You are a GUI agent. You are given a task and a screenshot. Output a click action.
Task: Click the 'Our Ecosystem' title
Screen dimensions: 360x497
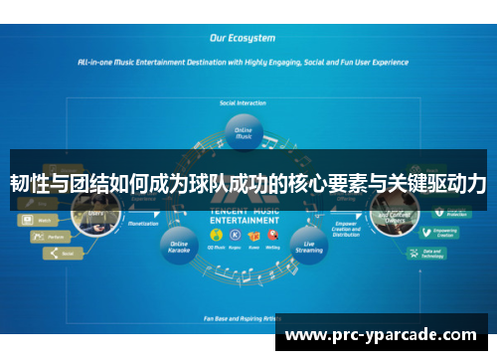tap(243, 38)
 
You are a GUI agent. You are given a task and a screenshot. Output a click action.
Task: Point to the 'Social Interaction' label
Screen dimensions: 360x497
tap(242, 101)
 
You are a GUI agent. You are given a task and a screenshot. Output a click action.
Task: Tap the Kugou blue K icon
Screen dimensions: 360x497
tap(236, 235)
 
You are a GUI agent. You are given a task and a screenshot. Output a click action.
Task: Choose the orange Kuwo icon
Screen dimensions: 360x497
tap(253, 235)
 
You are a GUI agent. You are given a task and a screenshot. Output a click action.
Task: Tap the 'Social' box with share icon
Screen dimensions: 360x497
tap(61, 254)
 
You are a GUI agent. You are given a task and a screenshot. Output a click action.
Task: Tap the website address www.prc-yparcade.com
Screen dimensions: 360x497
tap(381, 336)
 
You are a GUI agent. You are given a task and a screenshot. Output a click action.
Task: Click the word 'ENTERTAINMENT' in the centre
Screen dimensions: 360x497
tap(243, 223)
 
